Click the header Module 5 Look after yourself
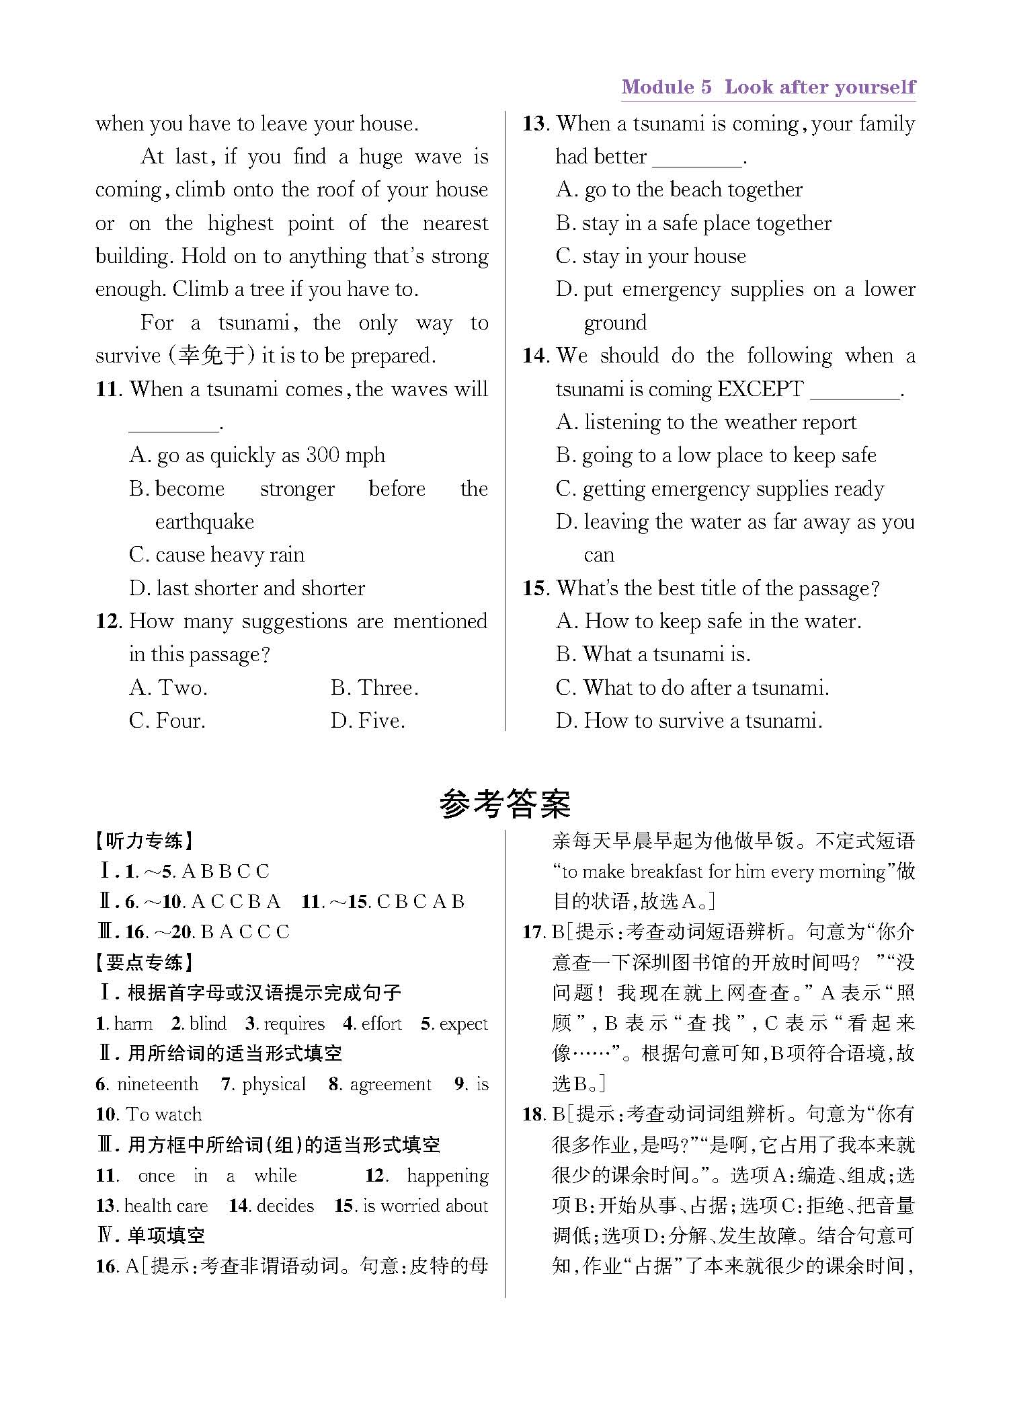point(768,87)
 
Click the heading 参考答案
point(505,804)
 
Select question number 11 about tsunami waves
point(108,389)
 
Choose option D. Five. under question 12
point(368,721)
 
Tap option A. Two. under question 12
point(168,688)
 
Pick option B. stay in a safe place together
point(693,223)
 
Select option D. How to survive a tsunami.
point(689,721)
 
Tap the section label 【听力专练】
point(144,841)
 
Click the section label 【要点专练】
point(144,962)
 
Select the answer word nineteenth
point(157,1084)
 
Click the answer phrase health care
point(166,1206)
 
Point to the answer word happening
point(447,1176)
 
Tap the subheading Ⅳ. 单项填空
point(152,1235)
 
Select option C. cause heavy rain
point(216,555)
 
